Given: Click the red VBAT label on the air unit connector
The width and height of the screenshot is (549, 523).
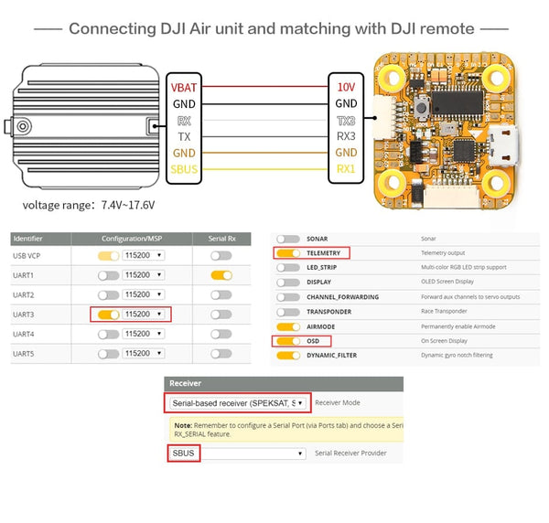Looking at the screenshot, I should [183, 87].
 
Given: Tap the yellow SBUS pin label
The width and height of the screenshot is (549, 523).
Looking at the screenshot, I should [183, 169].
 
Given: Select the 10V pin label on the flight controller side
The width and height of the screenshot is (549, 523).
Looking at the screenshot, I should [346, 87].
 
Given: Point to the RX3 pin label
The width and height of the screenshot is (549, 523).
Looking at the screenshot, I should [346, 136].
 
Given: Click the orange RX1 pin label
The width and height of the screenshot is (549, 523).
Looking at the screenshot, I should [346, 169].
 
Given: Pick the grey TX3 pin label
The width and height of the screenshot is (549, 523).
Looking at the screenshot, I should [346, 120].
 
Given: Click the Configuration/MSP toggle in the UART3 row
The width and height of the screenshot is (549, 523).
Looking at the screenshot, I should [108, 314].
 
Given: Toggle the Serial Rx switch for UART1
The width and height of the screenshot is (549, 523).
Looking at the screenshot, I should [221, 274].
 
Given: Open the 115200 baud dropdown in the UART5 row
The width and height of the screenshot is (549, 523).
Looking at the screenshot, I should [145, 353].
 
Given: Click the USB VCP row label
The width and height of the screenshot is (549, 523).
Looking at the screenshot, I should [31, 255].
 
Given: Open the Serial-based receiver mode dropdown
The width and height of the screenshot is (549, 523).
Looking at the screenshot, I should [236, 402].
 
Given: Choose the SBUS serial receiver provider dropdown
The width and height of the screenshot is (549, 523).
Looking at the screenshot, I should [236, 453].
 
